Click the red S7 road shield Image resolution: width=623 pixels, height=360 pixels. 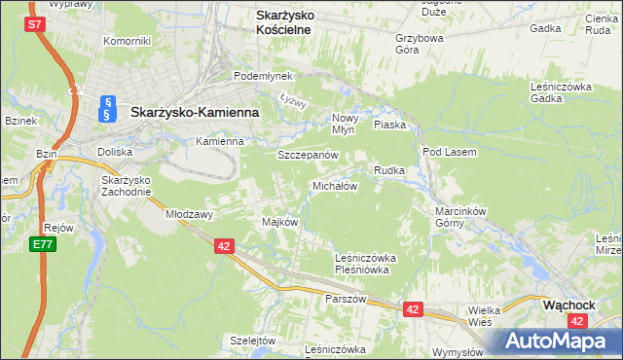pyautogui.click(x=34, y=24)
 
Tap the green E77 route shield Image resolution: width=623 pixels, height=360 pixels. pyautogui.click(x=41, y=244)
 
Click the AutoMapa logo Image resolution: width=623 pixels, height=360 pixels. pyautogui.click(x=556, y=341)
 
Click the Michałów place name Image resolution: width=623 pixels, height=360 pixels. pyautogui.click(x=336, y=186)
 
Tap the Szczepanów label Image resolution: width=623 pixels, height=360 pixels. pyautogui.click(x=308, y=156)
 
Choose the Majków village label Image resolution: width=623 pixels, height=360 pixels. pyautogui.click(x=279, y=222)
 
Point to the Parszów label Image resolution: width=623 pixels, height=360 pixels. pyautogui.click(x=347, y=299)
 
